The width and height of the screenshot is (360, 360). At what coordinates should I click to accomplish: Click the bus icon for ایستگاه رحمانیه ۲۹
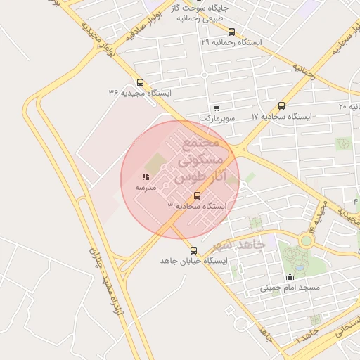tap(232, 32)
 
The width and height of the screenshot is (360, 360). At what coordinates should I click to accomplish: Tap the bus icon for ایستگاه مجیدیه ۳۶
tap(140, 82)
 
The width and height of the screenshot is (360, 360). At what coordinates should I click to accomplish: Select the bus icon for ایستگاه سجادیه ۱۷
tap(282, 105)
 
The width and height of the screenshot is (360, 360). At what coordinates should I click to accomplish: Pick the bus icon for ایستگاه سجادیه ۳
tap(197, 195)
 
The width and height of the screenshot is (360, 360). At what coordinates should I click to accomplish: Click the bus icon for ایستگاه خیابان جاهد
tap(193, 250)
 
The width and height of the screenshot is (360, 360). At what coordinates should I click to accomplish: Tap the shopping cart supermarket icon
tap(216, 108)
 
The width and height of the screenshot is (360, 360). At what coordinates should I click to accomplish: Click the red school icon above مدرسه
tap(146, 177)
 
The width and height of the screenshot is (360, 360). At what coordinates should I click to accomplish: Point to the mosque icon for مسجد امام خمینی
tap(290, 277)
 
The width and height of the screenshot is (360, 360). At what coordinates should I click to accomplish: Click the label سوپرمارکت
tap(217, 119)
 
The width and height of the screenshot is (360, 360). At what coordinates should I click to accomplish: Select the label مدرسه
tap(146, 188)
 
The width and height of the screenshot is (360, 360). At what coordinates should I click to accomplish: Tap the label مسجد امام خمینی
tap(290, 288)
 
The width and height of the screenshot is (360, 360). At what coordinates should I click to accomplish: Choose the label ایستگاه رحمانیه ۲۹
tap(231, 42)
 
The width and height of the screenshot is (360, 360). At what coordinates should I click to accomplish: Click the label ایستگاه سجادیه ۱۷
tap(282, 116)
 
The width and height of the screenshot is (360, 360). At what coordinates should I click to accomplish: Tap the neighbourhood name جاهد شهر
tap(238, 245)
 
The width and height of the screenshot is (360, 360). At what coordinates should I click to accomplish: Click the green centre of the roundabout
tap(306, 240)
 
